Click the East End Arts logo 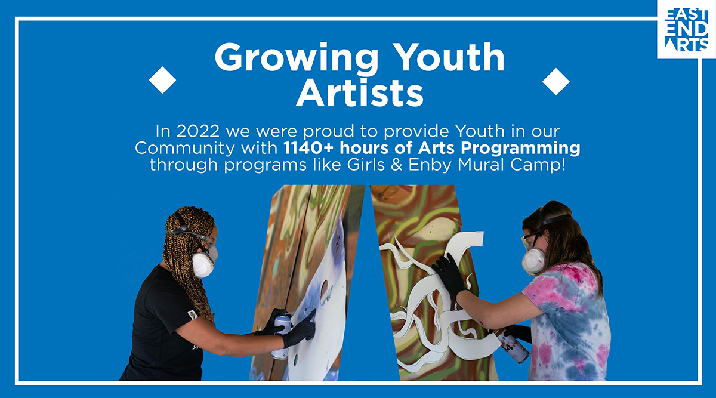(686, 29)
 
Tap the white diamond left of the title (162, 80)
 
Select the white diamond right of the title (556, 82)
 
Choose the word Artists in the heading (360, 92)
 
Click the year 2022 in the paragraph (198, 131)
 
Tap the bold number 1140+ (309, 148)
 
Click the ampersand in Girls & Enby (396, 165)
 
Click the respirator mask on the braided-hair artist (204, 263)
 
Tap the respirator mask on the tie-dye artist (533, 261)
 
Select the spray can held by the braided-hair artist (282, 336)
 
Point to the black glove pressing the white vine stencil (449, 276)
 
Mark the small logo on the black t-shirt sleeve (192, 315)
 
